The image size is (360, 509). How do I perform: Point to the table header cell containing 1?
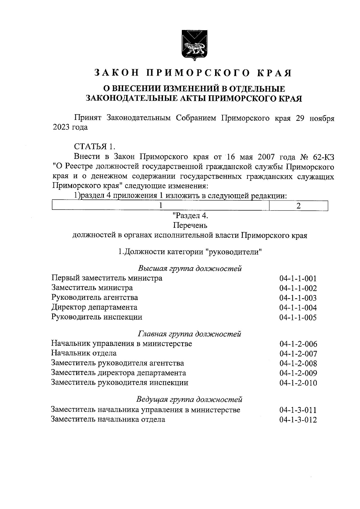click(161, 206)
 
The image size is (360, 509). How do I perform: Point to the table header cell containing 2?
click(298, 206)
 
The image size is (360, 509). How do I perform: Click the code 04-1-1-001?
click(298, 278)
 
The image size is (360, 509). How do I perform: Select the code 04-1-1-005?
click(298, 317)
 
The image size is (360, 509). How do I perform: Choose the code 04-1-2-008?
click(298, 364)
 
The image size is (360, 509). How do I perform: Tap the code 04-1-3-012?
click(298, 420)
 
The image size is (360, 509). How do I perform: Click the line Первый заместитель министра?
click(107, 278)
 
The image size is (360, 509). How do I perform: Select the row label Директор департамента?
click(94, 307)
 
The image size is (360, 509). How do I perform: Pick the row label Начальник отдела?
click(84, 353)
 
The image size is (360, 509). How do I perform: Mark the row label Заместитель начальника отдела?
click(108, 419)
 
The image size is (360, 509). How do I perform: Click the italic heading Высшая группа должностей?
click(190, 268)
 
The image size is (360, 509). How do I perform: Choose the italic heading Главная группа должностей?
click(190, 334)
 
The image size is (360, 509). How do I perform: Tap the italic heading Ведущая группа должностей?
click(189, 400)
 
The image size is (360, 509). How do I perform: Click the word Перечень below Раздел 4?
click(190, 225)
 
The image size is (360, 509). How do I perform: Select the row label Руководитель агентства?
click(95, 298)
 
